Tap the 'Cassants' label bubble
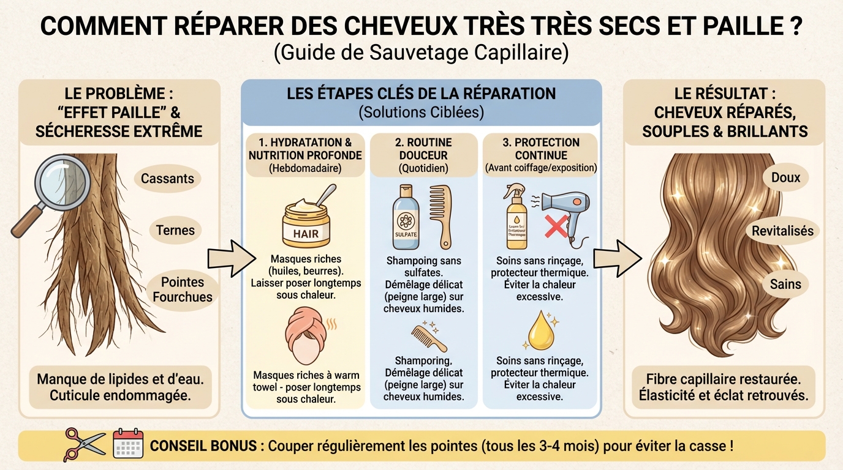tap(167, 179)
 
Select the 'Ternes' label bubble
tap(176, 230)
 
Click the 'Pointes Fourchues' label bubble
tap(183, 289)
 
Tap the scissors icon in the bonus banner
tap(85, 444)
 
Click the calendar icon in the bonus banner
tap(128, 444)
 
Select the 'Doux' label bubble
tap(785, 177)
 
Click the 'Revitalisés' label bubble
tap(782, 231)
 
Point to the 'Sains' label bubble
tap(785, 284)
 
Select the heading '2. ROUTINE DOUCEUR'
tap(423, 149)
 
